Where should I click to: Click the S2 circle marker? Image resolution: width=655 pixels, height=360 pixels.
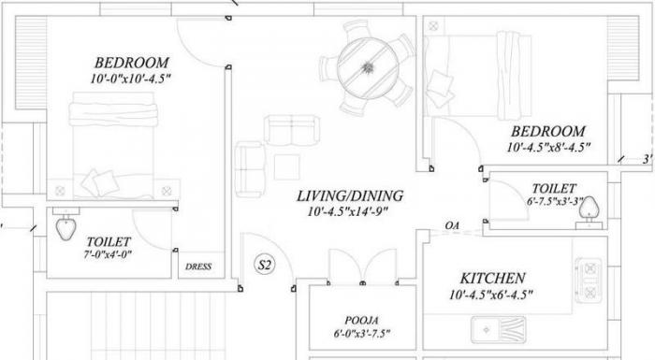[264, 266]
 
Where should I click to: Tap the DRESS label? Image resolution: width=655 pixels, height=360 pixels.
[199, 266]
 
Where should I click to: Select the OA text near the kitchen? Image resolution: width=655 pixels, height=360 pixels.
[453, 226]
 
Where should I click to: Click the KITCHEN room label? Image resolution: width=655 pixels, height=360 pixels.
[492, 279]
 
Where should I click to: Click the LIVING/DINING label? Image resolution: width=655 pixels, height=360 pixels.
[349, 196]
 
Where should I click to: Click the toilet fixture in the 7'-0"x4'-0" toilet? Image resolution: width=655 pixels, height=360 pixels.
[66, 225]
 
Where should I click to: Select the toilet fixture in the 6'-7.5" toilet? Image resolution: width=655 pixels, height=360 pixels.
[589, 208]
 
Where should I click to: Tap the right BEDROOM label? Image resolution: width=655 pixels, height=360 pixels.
[547, 132]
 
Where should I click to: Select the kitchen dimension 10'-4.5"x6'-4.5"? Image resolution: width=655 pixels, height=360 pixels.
[492, 295]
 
